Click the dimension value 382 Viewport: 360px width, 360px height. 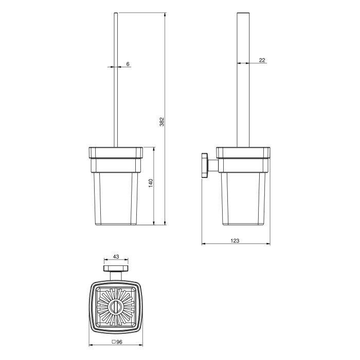162,122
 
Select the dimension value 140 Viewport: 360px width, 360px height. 151,183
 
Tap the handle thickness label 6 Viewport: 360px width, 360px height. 128,64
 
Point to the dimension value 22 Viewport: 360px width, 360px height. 262,60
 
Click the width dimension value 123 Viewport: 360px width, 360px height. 235,241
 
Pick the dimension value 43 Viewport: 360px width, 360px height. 116,257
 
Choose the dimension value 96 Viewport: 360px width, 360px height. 119,342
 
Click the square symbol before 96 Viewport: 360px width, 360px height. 114,342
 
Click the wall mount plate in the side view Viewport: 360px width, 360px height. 205,165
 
